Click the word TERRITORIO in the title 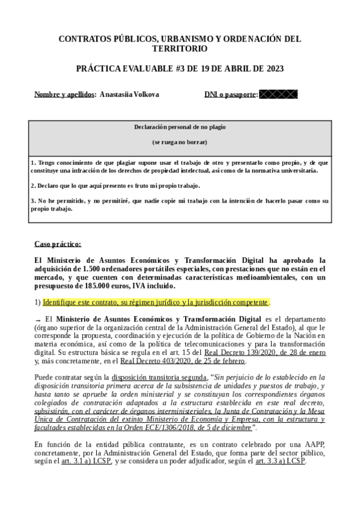tap(180, 49)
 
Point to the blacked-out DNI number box tap(278, 94)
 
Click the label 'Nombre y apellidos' tap(64, 94)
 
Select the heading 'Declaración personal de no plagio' tap(180, 127)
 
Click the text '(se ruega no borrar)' tap(180, 142)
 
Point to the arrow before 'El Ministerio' tap(38, 319)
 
